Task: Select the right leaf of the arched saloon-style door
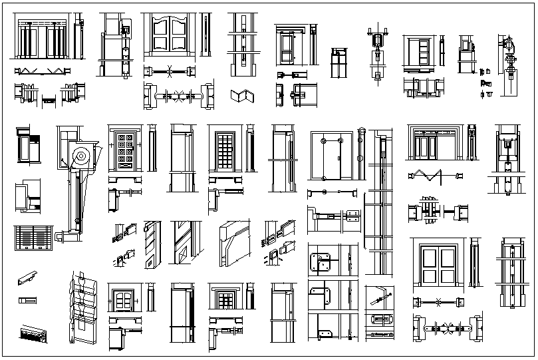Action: coord(179,35)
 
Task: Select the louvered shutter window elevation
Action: coord(31,238)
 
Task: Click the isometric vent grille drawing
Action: coord(33,333)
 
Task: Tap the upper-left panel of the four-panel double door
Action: coord(429,256)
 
